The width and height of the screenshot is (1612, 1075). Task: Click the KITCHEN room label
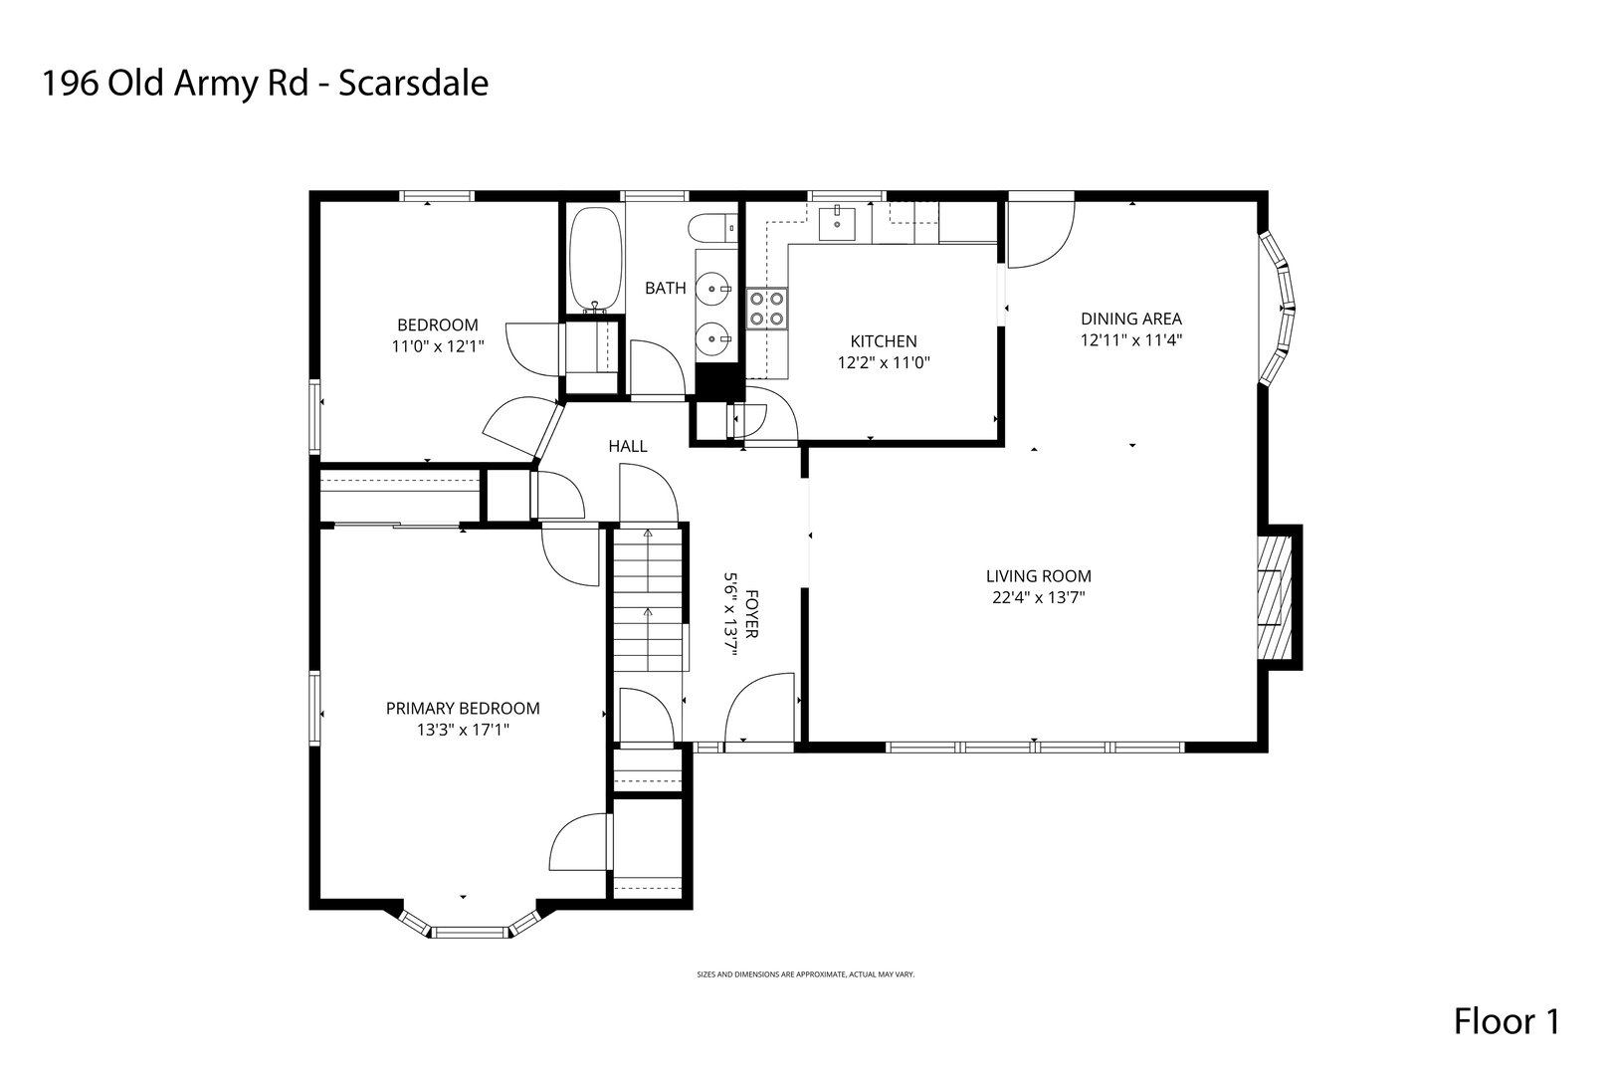[x=883, y=341]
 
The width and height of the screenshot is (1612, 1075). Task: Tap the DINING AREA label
[x=1131, y=319]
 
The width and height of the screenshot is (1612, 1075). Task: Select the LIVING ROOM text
[x=1039, y=576]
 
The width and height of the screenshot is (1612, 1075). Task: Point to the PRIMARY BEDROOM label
[x=463, y=709]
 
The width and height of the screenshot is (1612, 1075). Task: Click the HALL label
[x=628, y=446]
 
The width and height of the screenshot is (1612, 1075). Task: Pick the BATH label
[x=665, y=288]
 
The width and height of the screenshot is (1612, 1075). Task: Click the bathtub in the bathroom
[x=595, y=260]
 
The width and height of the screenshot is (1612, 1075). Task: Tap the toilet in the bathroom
[x=712, y=229]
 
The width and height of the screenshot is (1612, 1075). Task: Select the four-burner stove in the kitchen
[x=766, y=309]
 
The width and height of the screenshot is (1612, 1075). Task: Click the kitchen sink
[x=838, y=223]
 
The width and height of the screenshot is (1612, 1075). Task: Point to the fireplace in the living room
[x=1275, y=597]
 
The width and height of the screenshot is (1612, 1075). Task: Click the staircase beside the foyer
[x=648, y=599]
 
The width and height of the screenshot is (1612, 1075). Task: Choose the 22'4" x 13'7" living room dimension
[x=1039, y=597]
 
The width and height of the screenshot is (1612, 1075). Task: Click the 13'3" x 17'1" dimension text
[x=463, y=731]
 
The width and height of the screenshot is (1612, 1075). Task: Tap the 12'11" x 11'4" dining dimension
[x=1131, y=339]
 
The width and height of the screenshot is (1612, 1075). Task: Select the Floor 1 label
[x=1507, y=1021]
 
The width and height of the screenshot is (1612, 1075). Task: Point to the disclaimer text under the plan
[x=805, y=974]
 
